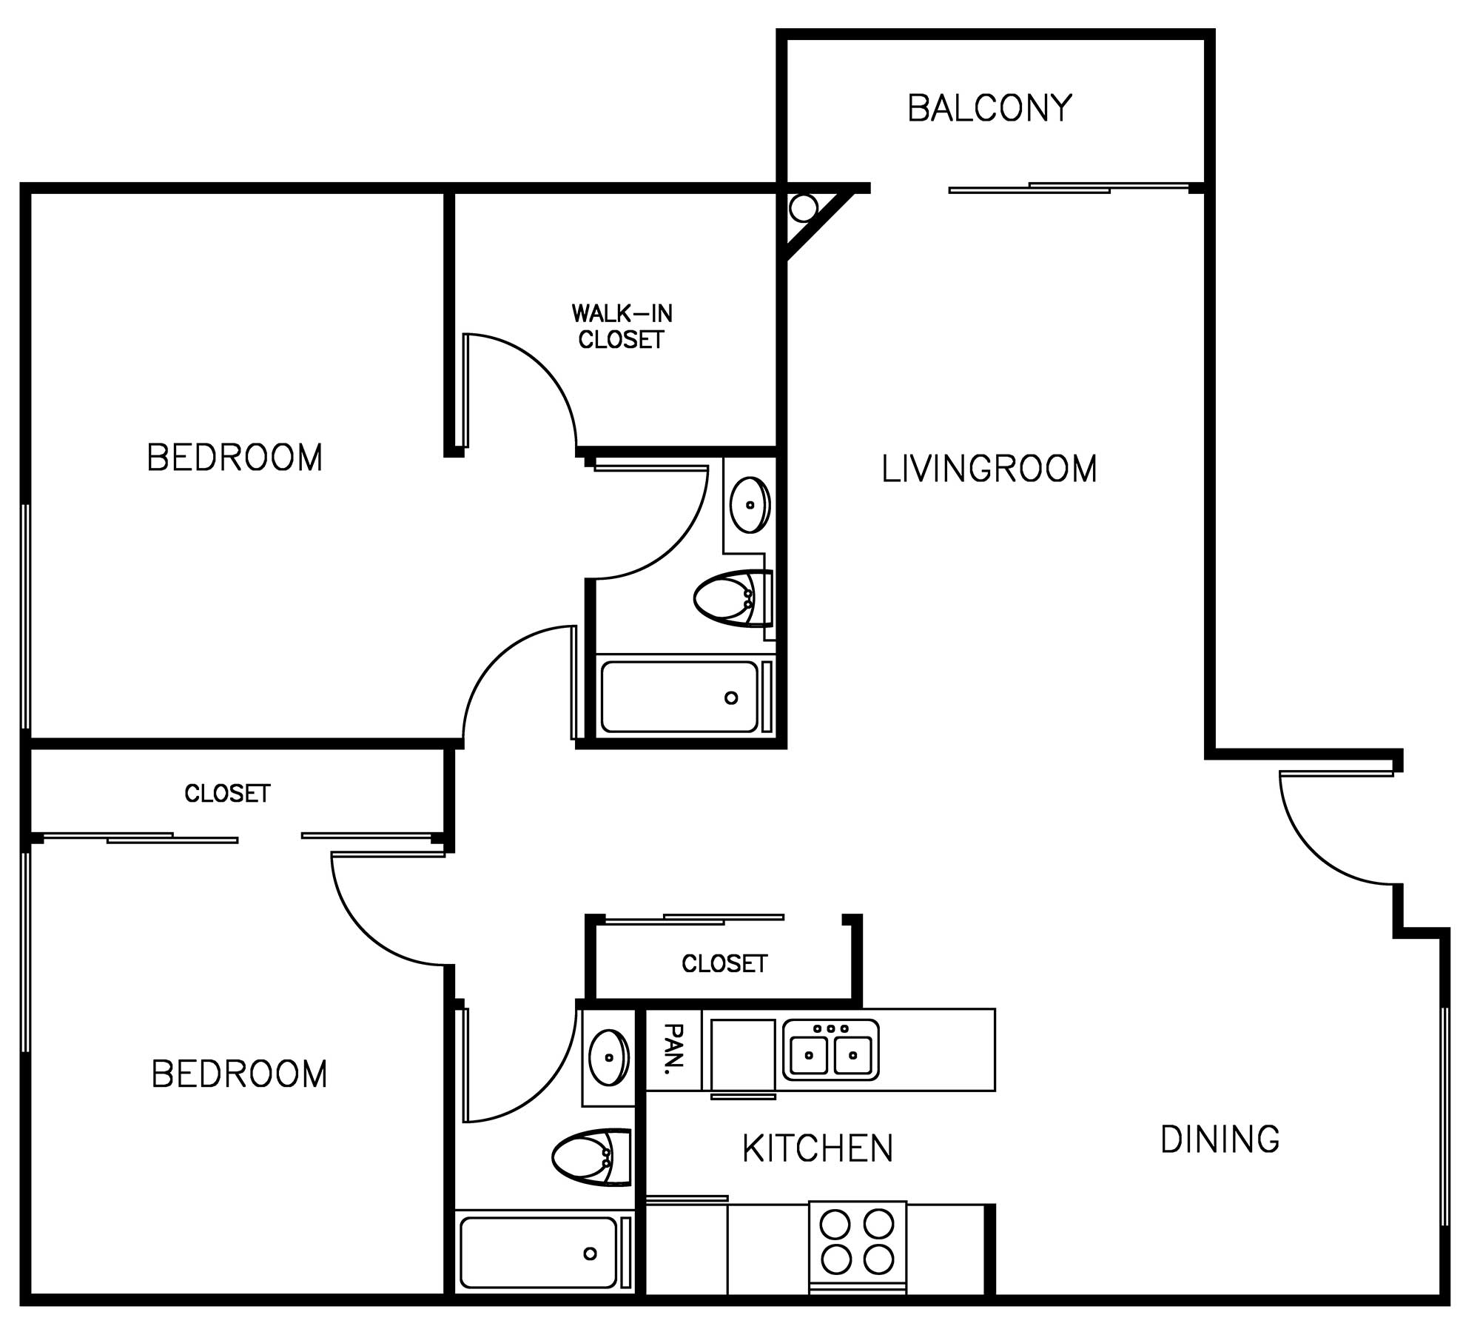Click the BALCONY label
point(989,108)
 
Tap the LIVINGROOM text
point(989,469)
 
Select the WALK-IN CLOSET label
point(622,327)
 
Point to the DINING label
point(1220,1139)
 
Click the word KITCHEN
point(818,1148)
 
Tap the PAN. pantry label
point(673,1049)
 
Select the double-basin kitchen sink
point(831,1050)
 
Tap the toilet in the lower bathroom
point(592,1158)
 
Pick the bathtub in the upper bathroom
point(686,697)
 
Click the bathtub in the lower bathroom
point(544,1253)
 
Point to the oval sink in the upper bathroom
point(750,504)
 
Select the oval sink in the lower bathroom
point(609,1057)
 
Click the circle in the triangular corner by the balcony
point(803,208)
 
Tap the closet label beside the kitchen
point(724,963)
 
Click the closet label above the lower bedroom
point(227,794)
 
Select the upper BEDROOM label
point(235,458)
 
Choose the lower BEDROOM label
point(239,1074)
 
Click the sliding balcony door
point(1069,187)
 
